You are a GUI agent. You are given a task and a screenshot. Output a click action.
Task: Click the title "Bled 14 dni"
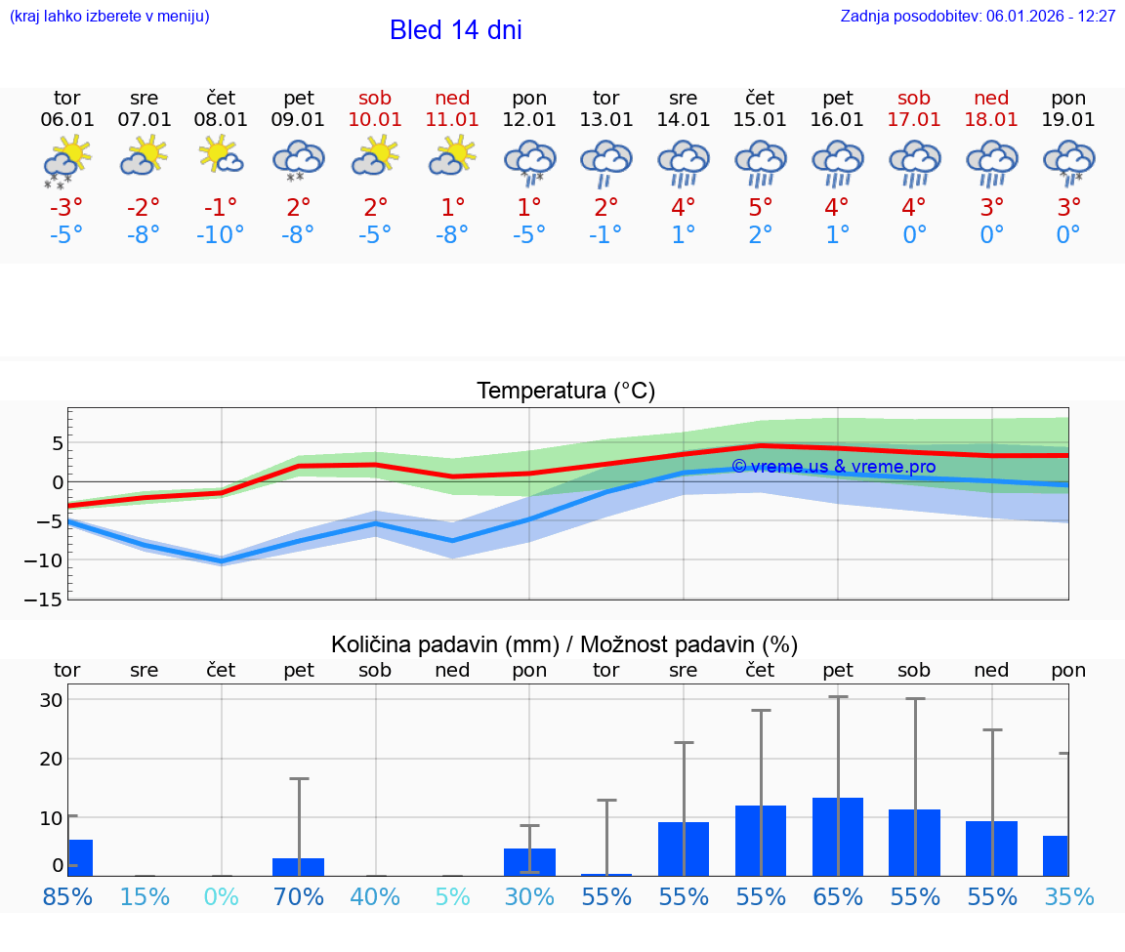click(455, 30)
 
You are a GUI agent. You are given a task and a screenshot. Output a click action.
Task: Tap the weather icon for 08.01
click(221, 156)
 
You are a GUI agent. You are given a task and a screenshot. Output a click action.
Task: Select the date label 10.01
click(375, 120)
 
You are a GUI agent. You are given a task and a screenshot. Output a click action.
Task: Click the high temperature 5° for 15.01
click(761, 208)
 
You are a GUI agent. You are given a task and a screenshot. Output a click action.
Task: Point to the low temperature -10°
click(221, 235)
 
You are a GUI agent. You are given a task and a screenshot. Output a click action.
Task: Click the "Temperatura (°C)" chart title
click(565, 392)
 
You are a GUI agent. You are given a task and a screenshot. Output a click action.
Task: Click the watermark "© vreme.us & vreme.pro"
click(833, 467)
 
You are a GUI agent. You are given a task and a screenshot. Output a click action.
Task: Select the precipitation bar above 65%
click(838, 837)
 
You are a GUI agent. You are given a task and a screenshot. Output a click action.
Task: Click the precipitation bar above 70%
click(298, 867)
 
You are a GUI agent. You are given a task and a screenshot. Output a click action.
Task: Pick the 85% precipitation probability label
click(67, 896)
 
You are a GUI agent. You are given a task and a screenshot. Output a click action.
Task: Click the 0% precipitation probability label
click(221, 896)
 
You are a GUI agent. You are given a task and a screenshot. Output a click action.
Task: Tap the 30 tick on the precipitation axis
click(51, 700)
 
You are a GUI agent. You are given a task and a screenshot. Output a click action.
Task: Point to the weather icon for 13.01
click(606, 162)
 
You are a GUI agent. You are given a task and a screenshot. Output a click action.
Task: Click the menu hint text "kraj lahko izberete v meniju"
click(108, 17)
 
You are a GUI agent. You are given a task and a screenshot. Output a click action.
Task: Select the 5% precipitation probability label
click(452, 896)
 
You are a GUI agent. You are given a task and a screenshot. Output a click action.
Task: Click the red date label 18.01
click(992, 120)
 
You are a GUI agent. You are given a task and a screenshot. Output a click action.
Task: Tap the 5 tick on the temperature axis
click(57, 444)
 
